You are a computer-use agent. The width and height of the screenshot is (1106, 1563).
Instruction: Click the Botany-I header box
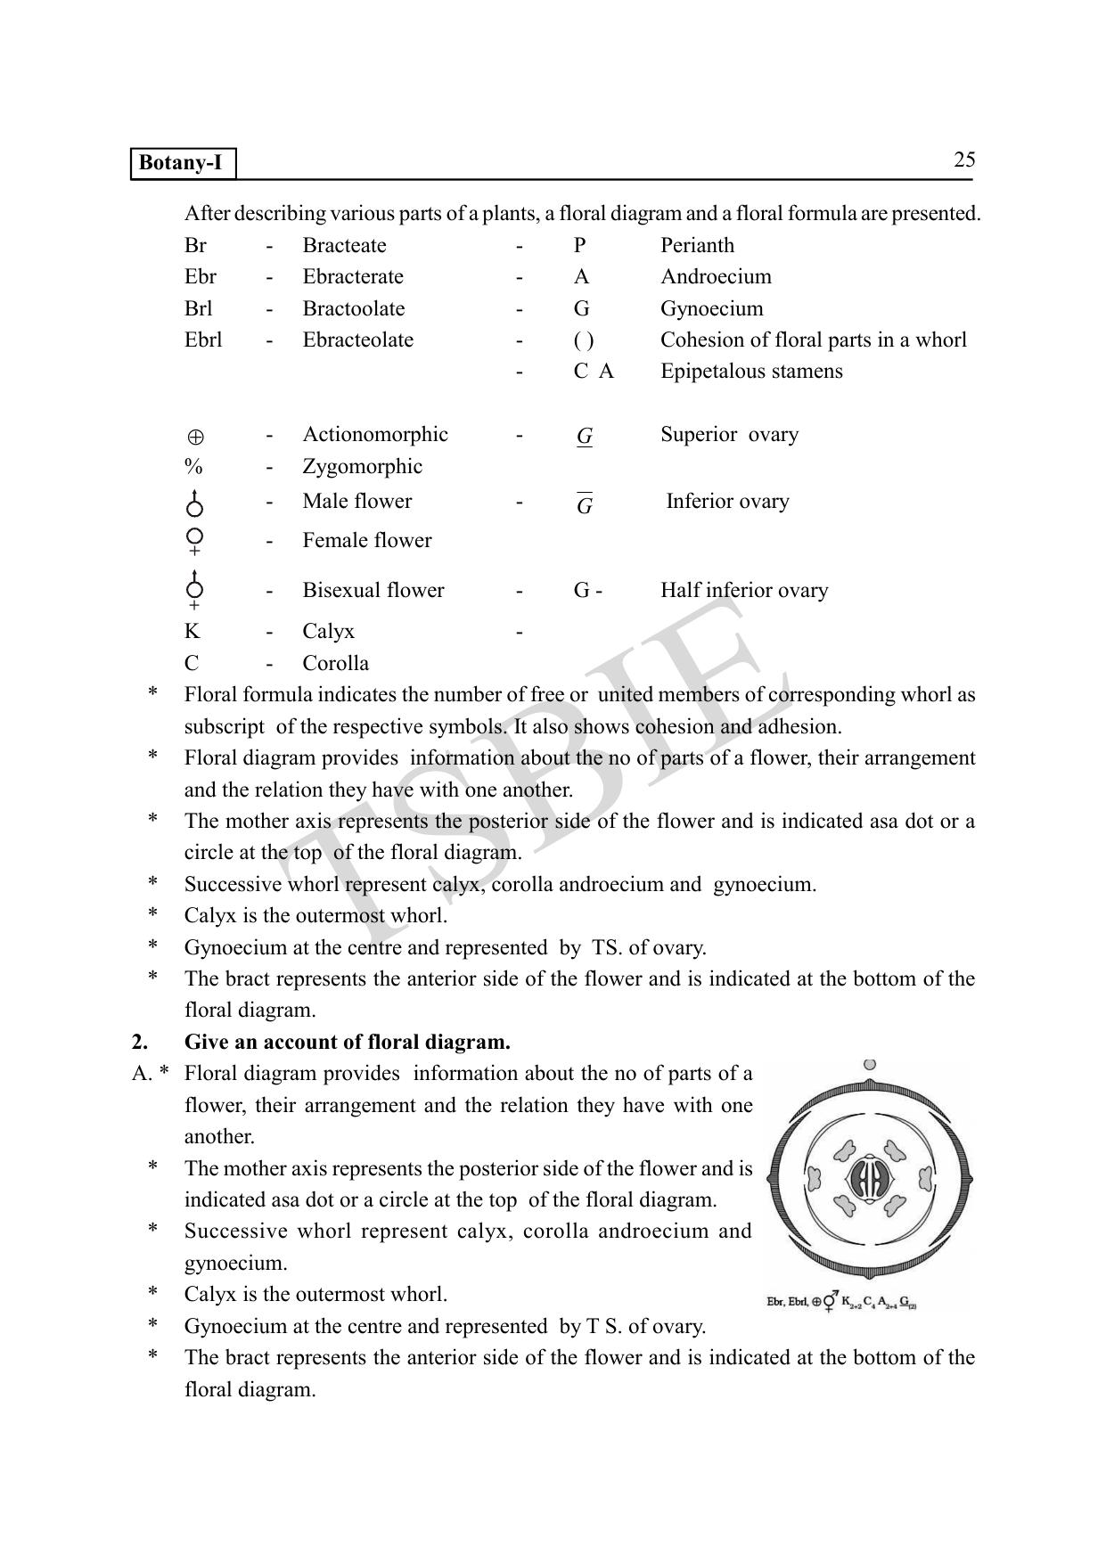click(184, 164)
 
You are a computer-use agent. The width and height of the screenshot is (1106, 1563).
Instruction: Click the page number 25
click(964, 160)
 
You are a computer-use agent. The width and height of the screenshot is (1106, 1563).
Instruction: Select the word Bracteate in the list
click(344, 246)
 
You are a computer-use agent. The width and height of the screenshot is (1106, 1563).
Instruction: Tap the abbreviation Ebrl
click(203, 340)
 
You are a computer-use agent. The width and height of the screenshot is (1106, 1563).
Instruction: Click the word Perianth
click(697, 246)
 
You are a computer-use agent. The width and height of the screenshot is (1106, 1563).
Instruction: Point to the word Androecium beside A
click(716, 277)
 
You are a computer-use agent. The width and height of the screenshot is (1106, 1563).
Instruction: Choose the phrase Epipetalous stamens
click(751, 372)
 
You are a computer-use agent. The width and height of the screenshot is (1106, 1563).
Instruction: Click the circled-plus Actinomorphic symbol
click(195, 438)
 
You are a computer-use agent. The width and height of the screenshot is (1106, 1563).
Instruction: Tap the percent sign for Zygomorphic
click(193, 467)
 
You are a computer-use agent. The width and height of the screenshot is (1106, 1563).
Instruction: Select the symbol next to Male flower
click(194, 503)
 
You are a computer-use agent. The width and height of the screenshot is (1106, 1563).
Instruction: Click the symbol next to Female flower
click(195, 540)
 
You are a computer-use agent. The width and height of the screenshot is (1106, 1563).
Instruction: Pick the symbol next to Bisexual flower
click(194, 590)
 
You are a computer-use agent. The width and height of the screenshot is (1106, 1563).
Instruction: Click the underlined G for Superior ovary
click(585, 437)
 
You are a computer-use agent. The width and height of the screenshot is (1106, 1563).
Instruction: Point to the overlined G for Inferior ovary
click(585, 504)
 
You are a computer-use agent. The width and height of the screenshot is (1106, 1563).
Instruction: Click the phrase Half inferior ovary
click(744, 591)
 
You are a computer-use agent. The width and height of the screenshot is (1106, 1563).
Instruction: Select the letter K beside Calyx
click(192, 632)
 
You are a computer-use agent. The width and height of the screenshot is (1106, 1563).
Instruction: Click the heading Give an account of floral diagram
click(347, 1042)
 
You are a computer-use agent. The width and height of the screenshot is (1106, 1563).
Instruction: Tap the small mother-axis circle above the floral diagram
click(870, 1064)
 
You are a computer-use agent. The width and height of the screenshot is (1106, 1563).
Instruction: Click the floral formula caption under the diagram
click(842, 1302)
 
